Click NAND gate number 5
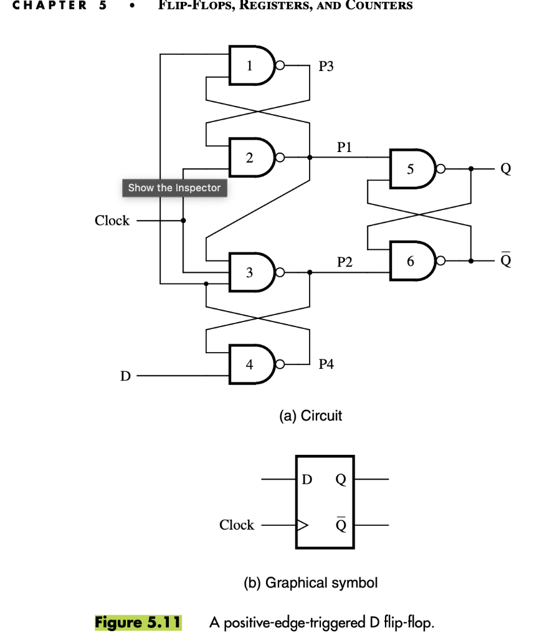point(412,168)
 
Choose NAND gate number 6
point(412,261)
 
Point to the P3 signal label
point(326,66)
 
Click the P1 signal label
point(345,148)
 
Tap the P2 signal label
point(345,262)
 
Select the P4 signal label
point(326,364)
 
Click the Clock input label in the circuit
point(112,221)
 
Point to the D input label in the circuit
point(125,376)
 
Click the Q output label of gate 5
point(505,169)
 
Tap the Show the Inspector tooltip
point(174,188)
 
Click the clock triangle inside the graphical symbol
point(302,525)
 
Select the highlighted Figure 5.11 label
point(138,622)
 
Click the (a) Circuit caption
point(310,416)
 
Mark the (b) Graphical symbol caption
point(310,583)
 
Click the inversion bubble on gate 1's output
point(280,65)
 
